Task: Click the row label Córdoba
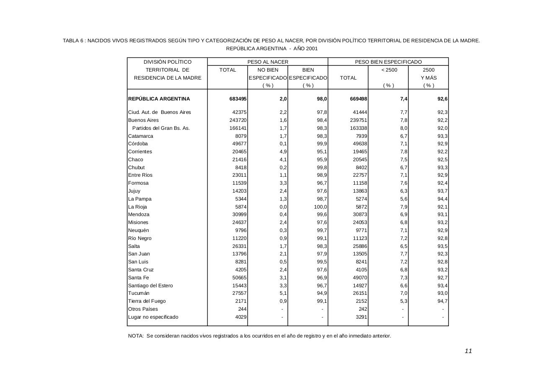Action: [x=138, y=144]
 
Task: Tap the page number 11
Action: [x=468, y=351]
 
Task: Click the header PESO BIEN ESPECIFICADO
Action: [x=388, y=62]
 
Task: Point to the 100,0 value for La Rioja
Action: [x=320, y=207]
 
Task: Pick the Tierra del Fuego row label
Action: [x=147, y=301]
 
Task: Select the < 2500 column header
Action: [x=389, y=70]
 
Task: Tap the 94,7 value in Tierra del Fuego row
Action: [x=442, y=301]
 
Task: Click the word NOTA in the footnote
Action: [x=136, y=336]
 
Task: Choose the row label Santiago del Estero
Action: [x=150, y=286]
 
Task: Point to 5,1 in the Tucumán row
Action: [x=283, y=293]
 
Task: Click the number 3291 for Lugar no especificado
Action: [x=360, y=317]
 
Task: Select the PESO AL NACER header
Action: [x=268, y=62]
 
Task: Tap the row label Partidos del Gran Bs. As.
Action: [x=161, y=128]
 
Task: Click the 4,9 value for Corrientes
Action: [x=283, y=152]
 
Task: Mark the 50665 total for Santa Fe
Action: [x=236, y=278]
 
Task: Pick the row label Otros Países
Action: [x=143, y=309]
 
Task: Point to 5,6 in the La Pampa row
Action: [x=404, y=199]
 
